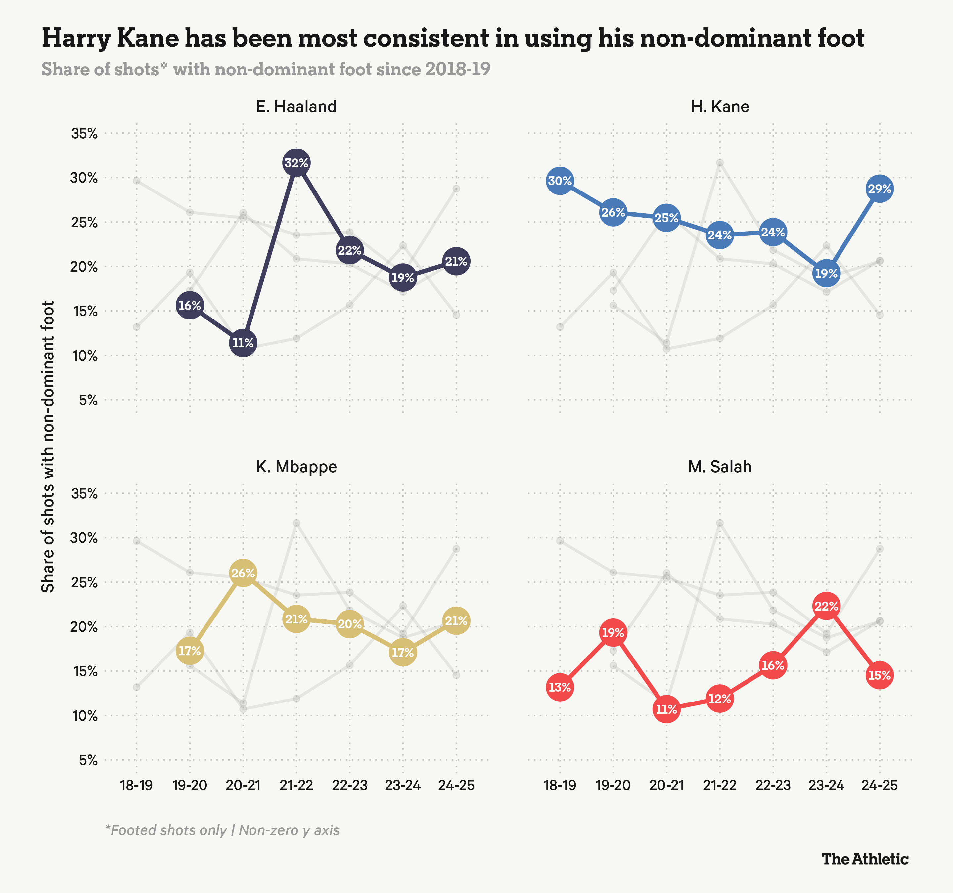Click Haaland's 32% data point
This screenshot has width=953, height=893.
click(296, 163)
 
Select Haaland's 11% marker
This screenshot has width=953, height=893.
click(243, 343)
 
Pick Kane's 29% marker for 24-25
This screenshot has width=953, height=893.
click(879, 189)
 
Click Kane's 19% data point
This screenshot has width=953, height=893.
click(826, 274)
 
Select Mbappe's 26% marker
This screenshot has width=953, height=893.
click(243, 573)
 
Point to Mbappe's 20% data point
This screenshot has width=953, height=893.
click(349, 624)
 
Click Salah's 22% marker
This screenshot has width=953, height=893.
click(826, 606)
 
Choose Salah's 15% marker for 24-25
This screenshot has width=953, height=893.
click(879, 675)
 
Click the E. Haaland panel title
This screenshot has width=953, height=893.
click(296, 106)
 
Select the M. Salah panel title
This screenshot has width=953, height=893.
click(719, 467)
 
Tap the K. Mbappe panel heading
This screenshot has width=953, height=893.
click(296, 467)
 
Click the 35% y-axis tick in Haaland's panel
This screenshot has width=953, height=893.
click(84, 134)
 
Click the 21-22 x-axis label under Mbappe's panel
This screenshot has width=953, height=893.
click(296, 785)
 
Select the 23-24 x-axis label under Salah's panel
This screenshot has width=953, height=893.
click(826, 785)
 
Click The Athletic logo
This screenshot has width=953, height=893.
click(865, 859)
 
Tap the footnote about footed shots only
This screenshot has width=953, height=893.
click(222, 830)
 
